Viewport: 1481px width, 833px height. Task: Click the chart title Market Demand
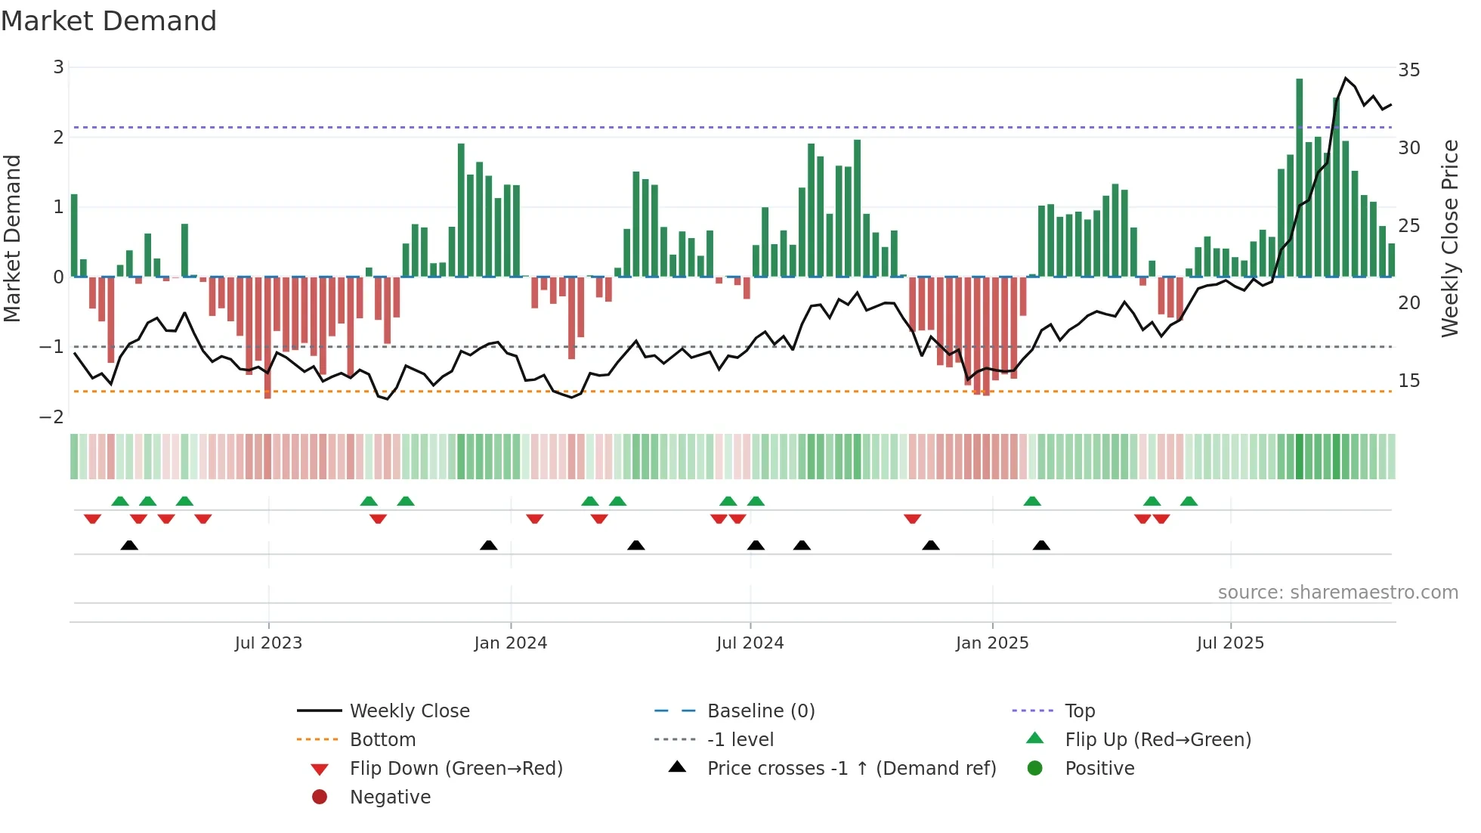(x=109, y=21)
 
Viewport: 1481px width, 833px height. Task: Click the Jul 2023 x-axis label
(x=268, y=643)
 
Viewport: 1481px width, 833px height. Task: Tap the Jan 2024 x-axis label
(x=510, y=643)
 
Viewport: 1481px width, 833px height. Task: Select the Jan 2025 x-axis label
(x=991, y=643)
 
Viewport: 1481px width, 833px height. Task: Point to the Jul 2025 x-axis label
(x=1230, y=643)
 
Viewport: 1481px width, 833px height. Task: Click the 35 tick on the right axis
(x=1408, y=70)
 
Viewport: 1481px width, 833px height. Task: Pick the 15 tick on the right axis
(x=1408, y=381)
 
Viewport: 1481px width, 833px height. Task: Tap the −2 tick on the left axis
(x=51, y=417)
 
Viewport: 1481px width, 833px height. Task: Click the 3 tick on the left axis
(x=58, y=67)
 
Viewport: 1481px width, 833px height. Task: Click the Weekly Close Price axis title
(x=1449, y=238)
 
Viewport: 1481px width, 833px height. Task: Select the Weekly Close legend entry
(x=409, y=711)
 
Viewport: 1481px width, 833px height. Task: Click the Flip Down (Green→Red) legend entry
(x=456, y=769)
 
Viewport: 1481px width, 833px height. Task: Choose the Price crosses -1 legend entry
(x=851, y=769)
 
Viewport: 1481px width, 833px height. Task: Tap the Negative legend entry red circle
(x=320, y=797)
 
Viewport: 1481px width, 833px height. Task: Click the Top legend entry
(x=1079, y=711)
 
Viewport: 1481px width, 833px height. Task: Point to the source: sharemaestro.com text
(x=1337, y=593)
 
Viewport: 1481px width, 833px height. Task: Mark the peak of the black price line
(x=1346, y=78)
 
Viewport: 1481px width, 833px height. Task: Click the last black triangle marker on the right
(x=1041, y=546)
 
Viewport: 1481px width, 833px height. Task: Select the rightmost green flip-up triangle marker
(x=1189, y=501)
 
